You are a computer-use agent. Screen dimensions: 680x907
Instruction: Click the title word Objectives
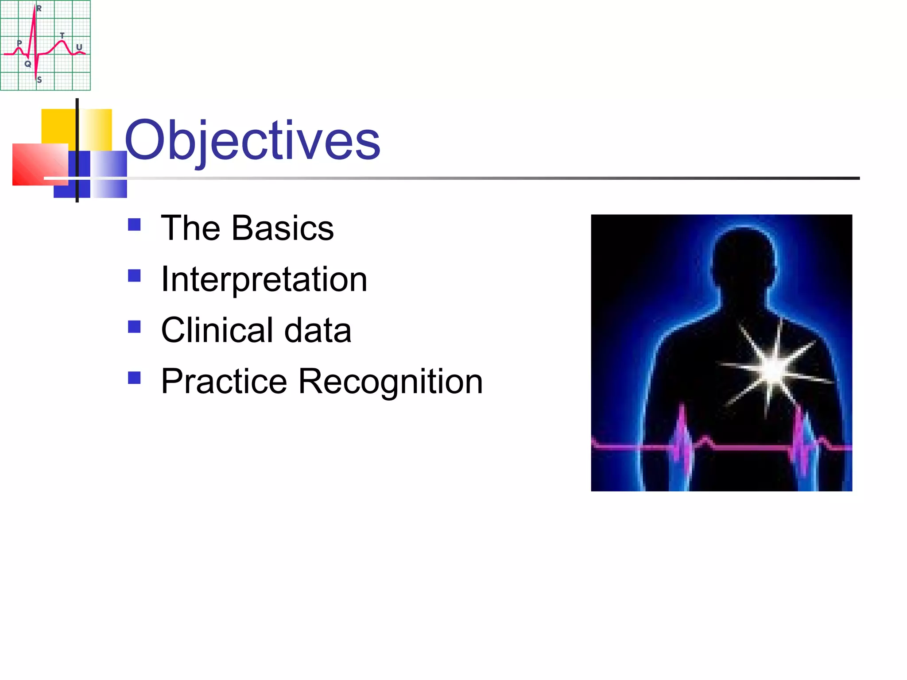[x=252, y=141]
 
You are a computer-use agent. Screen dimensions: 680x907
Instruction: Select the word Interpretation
[x=264, y=279]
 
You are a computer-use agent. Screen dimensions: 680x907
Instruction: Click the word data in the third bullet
[x=318, y=331]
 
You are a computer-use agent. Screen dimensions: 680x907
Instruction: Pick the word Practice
[x=224, y=382]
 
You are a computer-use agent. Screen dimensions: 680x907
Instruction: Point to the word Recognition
[x=390, y=382]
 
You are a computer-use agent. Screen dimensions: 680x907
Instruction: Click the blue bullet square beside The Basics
[x=134, y=225]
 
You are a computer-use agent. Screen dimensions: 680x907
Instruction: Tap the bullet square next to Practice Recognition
[x=134, y=378]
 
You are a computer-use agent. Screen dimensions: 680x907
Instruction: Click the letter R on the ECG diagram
[x=39, y=8]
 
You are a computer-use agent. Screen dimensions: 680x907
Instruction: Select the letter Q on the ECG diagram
[x=28, y=64]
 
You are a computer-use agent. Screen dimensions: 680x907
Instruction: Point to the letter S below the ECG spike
[x=39, y=80]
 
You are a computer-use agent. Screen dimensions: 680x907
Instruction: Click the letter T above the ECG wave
[x=62, y=35]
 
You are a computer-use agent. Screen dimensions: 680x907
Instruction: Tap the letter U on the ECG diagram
[x=79, y=47]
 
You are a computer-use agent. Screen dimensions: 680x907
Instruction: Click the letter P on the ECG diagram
[x=19, y=43]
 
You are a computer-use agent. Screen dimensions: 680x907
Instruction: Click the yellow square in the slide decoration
[x=58, y=126]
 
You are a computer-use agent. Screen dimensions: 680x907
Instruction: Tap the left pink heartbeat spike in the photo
[x=682, y=438]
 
